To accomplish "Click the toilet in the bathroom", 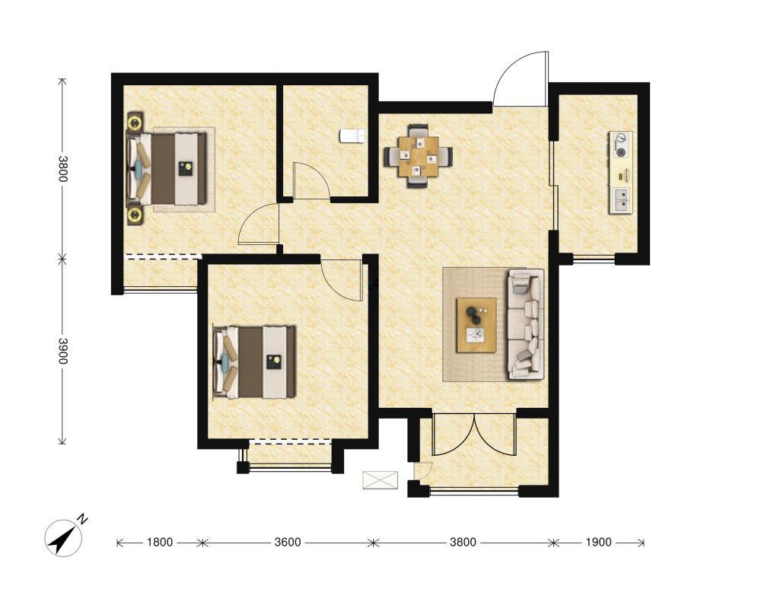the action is tap(352, 136).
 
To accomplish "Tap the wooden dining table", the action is tap(418, 156).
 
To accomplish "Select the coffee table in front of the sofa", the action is tap(476, 325).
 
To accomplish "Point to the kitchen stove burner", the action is tap(621, 145).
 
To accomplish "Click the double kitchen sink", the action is tap(621, 199).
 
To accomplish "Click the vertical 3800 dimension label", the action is tap(62, 169).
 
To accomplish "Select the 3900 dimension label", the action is tap(62, 351).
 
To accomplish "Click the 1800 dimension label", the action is tap(160, 542).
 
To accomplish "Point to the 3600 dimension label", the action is tap(288, 542).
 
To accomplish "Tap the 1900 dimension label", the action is tap(598, 542).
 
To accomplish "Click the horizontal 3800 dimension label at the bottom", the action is tap(463, 542).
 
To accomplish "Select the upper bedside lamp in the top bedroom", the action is tap(135, 122).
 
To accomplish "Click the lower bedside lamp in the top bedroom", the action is tap(135, 215).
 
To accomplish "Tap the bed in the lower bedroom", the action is tap(255, 362).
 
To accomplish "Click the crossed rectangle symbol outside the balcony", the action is tap(380, 480).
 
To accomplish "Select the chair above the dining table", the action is tap(418, 131).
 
